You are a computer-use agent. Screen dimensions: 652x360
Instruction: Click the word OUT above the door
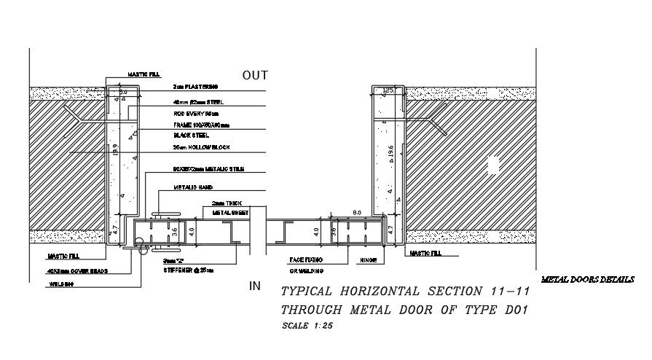point(255,75)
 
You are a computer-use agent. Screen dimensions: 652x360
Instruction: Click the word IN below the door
point(255,286)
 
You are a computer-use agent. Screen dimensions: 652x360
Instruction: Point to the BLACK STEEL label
point(191,136)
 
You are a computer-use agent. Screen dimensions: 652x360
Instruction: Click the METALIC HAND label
point(189,187)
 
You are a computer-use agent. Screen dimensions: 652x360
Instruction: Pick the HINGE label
point(366,259)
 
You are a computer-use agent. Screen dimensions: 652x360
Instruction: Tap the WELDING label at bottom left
point(58,284)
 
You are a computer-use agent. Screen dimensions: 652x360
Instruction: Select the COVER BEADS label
point(69,270)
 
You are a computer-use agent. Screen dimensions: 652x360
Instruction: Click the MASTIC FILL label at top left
point(143,74)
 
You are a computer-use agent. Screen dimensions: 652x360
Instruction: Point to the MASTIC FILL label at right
point(425,254)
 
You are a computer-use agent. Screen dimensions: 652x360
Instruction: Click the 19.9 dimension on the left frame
point(114,151)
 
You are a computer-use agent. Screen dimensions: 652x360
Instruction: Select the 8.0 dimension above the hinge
point(357,213)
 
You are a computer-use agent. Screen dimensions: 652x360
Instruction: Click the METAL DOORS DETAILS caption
point(589,280)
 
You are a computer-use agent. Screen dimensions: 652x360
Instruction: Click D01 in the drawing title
point(514,309)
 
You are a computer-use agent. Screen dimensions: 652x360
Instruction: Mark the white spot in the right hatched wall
point(493,165)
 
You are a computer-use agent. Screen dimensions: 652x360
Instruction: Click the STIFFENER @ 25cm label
point(189,270)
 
